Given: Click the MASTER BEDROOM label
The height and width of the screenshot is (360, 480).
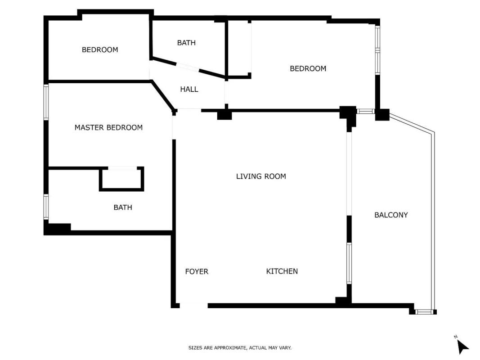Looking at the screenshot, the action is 109,127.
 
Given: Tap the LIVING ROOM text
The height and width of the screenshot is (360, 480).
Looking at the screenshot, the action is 261,176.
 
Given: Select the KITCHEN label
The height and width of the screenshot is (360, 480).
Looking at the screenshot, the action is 282,271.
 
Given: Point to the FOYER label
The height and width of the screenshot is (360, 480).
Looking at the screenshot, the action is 197,271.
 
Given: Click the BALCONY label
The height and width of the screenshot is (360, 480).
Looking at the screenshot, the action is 391,215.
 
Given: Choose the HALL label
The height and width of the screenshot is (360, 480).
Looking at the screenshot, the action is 189,90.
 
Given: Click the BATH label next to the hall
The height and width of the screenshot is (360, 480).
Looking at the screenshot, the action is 186,43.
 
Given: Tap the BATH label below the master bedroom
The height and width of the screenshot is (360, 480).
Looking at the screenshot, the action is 123,207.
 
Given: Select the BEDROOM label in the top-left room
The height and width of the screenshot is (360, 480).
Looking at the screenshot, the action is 100,49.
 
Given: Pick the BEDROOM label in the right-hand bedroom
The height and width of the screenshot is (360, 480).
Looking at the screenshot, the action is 308,68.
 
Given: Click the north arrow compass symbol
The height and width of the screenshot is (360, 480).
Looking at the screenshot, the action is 462,346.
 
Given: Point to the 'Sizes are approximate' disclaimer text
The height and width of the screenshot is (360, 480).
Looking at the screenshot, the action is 240,348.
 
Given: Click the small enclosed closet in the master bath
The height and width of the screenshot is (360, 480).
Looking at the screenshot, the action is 121,179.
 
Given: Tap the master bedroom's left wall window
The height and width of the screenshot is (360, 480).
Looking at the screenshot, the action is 46,102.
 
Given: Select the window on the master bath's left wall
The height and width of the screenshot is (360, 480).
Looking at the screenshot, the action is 46,207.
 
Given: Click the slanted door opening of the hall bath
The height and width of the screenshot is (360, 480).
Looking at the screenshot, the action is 188,67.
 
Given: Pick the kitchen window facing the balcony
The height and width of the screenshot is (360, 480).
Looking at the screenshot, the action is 349,263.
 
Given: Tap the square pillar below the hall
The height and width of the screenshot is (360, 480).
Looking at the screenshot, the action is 224,115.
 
